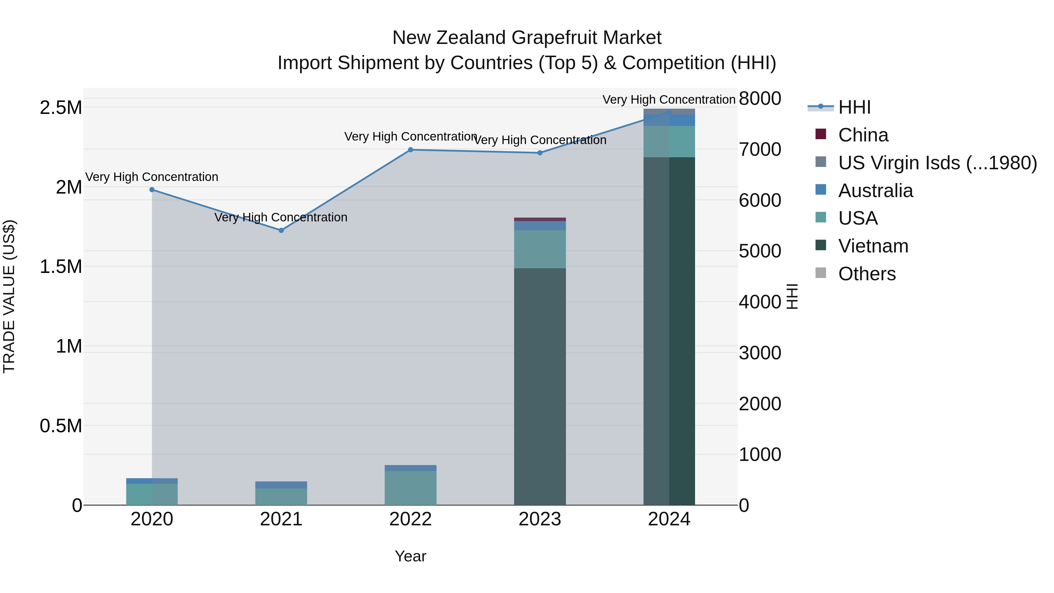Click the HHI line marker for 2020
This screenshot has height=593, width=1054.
[x=152, y=189]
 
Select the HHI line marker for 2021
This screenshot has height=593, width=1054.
[x=281, y=230]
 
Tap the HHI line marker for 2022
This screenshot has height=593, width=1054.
[x=410, y=150]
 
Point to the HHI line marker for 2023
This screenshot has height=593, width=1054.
[x=540, y=153]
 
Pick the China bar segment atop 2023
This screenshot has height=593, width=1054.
[x=540, y=219]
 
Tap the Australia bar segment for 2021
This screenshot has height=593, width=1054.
[x=281, y=485]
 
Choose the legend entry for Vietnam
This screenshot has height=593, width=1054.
[x=873, y=246]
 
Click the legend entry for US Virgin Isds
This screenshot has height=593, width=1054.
[x=937, y=163]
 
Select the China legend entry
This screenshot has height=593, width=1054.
[x=863, y=135]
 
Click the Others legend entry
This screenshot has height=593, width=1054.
[x=867, y=274]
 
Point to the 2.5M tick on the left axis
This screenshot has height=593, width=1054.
[x=61, y=108]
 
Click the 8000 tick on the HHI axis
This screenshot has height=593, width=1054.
[x=760, y=99]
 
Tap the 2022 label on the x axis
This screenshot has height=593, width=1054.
[x=410, y=519]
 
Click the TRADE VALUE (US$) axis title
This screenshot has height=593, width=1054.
[x=9, y=296]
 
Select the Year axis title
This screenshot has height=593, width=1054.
[x=410, y=556]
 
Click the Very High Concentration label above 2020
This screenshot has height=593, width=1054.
[x=152, y=177]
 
